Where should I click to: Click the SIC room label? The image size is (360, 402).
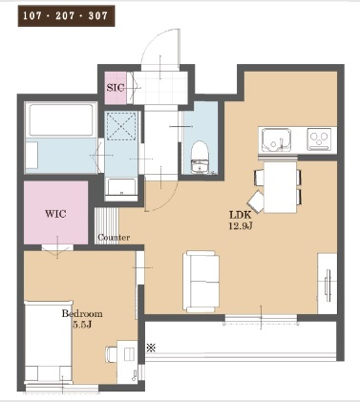tap(116, 88)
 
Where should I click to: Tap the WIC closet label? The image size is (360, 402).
tap(55, 213)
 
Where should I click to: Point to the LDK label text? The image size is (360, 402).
tap(241, 215)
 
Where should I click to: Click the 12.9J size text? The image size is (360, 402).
tap(241, 226)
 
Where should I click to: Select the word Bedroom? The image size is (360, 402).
tap(82, 314)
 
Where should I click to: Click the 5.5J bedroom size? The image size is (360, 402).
tap(82, 325)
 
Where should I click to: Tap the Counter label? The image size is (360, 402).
tap(114, 238)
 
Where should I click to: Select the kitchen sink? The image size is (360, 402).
tap(276, 140)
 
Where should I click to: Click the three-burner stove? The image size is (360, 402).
tap(319, 138)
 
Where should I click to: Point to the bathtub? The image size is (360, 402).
tap(61, 119)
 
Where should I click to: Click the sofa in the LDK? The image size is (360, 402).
tap(201, 282)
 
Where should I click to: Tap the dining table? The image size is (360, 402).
tap(281, 187)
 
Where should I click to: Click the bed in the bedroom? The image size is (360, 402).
tap(49, 341)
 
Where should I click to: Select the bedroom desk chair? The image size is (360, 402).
tap(112, 354)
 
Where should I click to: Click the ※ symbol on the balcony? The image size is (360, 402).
tap(151, 348)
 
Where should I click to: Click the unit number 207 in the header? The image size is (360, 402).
tap(66, 15)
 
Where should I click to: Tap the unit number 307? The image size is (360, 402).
tap(97, 15)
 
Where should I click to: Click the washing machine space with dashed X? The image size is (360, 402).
tap(121, 126)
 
